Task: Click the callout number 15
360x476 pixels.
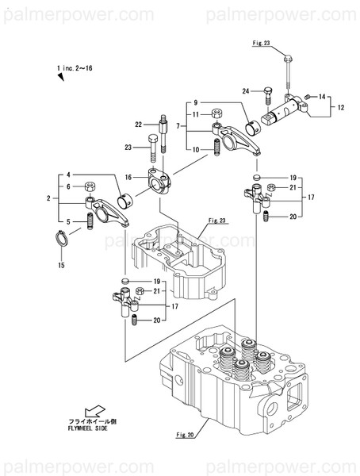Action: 62,265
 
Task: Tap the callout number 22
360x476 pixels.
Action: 138,125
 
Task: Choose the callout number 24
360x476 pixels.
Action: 247,92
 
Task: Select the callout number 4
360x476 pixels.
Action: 68,175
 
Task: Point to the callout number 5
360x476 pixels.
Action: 68,221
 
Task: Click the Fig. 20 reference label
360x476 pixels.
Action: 184,435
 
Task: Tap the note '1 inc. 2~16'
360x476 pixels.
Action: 76,69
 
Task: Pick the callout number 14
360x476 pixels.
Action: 322,97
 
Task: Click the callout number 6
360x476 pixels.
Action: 68,186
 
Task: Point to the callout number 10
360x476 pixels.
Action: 194,150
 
